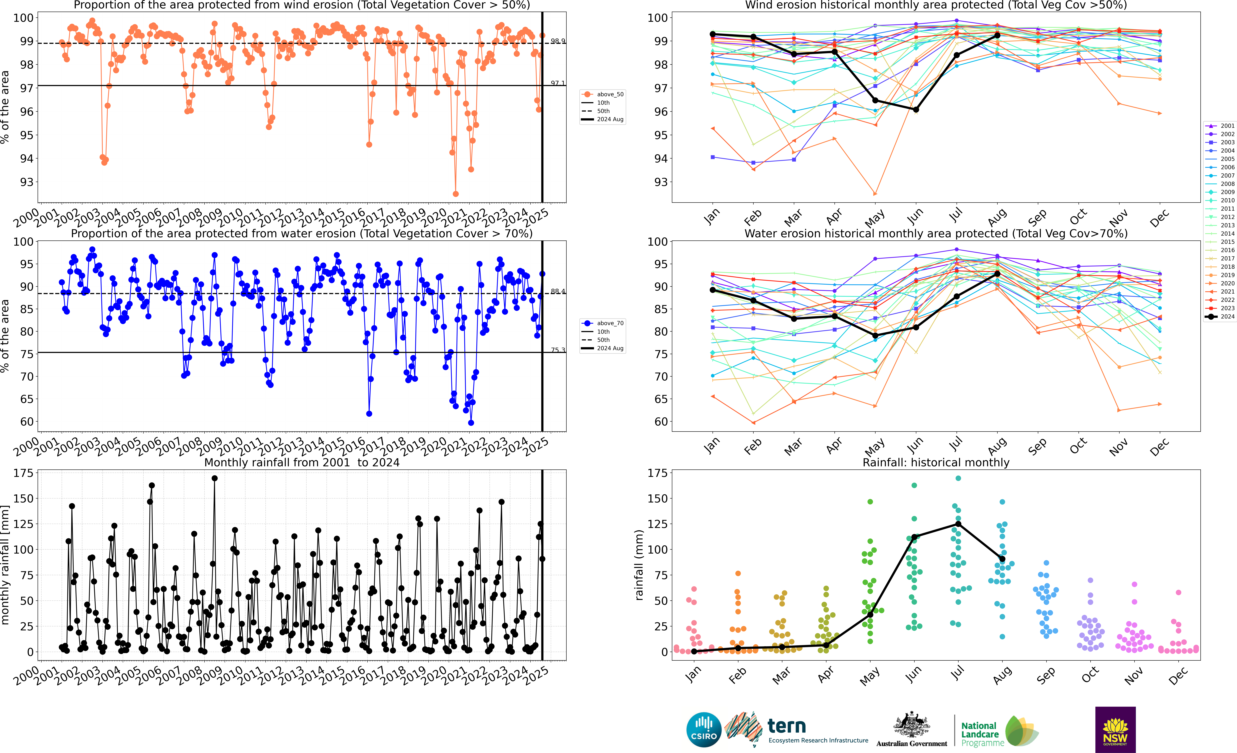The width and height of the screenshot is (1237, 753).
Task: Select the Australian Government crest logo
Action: click(x=911, y=725)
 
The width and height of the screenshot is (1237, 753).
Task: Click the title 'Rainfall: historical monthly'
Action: click(x=936, y=462)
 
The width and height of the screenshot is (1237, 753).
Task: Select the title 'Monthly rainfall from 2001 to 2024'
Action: click(x=302, y=462)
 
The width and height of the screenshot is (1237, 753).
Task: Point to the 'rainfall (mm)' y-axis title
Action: click(x=639, y=565)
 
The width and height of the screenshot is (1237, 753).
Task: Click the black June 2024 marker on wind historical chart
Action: click(x=916, y=109)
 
